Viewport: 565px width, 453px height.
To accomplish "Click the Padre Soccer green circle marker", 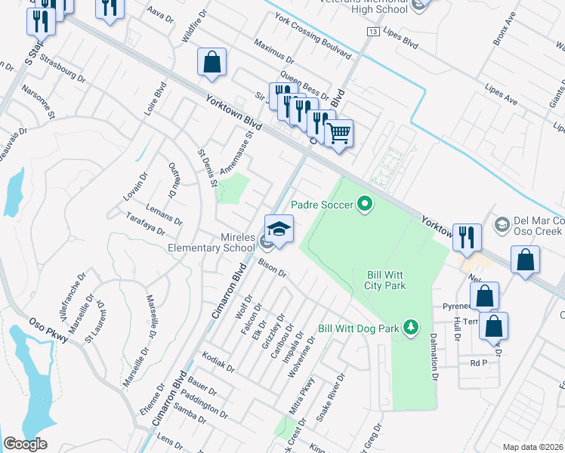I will pyautogui.click(x=366, y=204).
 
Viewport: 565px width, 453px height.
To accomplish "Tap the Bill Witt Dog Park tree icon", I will pyautogui.click(x=410, y=327).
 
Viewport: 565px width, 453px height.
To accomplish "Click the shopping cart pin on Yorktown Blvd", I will pyautogui.click(x=339, y=134).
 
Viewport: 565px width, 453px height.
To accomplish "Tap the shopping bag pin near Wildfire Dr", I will pyautogui.click(x=212, y=63).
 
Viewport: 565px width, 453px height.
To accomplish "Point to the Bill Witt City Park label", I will pyautogui.click(x=386, y=279).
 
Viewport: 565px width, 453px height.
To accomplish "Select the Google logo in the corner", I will pyautogui.click(x=25, y=444).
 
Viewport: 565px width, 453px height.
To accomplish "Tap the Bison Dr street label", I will pyautogui.click(x=273, y=268).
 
